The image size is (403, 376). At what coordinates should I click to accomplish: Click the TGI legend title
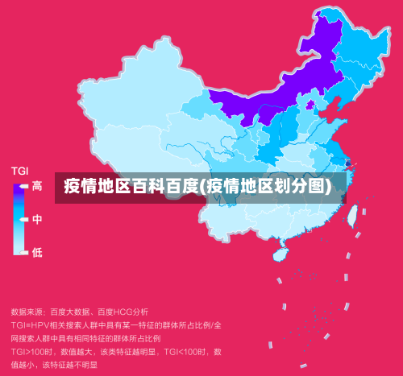tap(19, 171)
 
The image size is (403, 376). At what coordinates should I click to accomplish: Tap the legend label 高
tap(37, 186)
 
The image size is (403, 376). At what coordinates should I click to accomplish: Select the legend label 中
tap(37, 219)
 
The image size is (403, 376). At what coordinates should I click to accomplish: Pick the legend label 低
tap(37, 252)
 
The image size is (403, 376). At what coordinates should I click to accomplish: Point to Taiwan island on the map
tap(352, 214)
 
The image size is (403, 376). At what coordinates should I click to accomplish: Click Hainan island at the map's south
tap(280, 253)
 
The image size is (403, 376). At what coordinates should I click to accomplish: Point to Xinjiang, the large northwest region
tap(129, 89)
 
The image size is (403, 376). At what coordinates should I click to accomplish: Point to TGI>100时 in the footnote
tap(32, 351)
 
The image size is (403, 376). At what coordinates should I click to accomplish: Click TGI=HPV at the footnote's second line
tap(31, 324)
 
